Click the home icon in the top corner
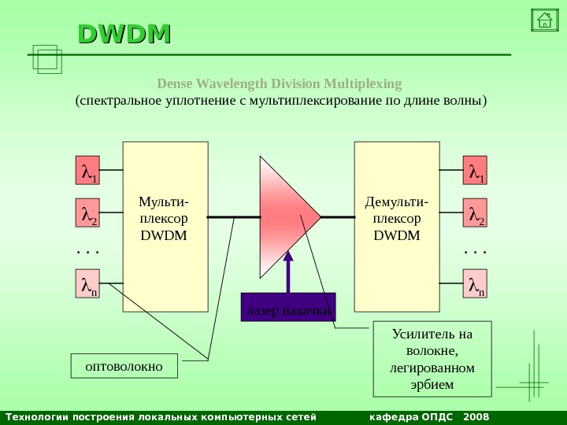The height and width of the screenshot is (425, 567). [x=542, y=20]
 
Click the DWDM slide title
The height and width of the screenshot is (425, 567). [x=124, y=34]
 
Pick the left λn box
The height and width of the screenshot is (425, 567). [x=88, y=286]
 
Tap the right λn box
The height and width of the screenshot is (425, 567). [x=475, y=286]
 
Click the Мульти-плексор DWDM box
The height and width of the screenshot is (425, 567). [x=165, y=227]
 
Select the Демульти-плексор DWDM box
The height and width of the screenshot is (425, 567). [x=397, y=227]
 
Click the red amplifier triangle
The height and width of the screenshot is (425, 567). [x=283, y=215]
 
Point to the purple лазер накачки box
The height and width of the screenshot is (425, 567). [x=287, y=308]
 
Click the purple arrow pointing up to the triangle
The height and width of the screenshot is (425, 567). [x=288, y=272]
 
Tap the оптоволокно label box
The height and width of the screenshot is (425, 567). [x=124, y=366]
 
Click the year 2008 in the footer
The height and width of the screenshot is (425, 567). [x=476, y=416]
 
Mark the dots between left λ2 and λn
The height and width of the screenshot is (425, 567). [x=88, y=253]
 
